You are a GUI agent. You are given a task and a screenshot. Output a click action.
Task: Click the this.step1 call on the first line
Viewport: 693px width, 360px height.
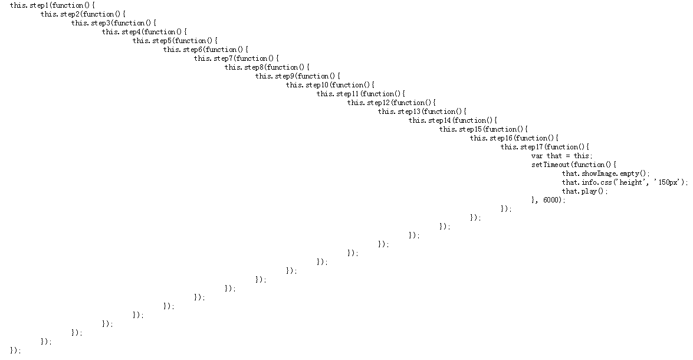29,5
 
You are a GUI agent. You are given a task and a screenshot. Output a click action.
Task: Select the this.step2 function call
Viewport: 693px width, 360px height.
60,14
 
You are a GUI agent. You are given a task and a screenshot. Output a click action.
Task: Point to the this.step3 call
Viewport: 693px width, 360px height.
91,23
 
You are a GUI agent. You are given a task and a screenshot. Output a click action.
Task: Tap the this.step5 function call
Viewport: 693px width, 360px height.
152,41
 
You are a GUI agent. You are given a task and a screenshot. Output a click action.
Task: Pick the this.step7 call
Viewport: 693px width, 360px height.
214,58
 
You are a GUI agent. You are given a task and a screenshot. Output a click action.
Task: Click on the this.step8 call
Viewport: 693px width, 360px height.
244,67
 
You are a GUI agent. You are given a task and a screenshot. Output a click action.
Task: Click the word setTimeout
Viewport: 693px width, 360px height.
550,165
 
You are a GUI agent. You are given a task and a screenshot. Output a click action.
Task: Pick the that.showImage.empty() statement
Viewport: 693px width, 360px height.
605,174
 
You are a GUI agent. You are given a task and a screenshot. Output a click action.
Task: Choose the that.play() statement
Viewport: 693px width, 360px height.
584,191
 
